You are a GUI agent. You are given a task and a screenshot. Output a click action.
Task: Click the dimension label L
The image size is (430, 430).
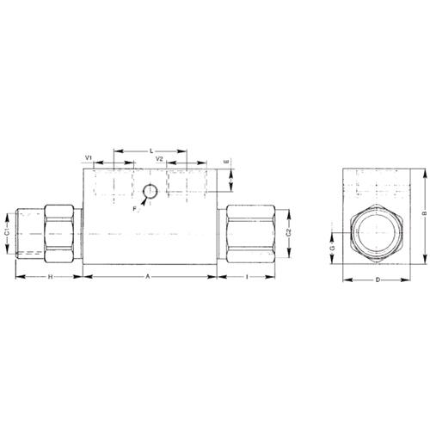pyautogui.click(x=151, y=150)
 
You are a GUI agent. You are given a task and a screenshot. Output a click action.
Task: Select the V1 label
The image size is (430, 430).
pyautogui.click(x=89, y=157)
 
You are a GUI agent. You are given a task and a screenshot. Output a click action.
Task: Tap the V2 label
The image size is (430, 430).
pyautogui.click(x=159, y=158)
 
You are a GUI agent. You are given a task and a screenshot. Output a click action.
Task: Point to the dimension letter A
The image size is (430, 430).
pyautogui.click(x=148, y=277)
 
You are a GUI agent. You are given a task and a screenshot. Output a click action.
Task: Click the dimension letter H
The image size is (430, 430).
pyautogui.click(x=50, y=277)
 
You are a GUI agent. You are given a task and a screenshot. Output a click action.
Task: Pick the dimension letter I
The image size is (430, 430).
pyautogui.click(x=247, y=277)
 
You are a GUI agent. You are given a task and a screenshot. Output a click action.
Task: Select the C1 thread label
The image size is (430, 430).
pyautogui.click(x=8, y=232)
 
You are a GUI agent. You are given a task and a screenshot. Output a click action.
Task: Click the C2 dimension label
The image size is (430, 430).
pyautogui.click(x=289, y=233)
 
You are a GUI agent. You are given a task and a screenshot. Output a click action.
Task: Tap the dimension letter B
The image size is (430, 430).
pyautogui.click(x=426, y=213)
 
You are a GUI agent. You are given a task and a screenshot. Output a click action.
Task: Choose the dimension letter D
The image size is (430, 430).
pyautogui.click(x=378, y=279)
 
